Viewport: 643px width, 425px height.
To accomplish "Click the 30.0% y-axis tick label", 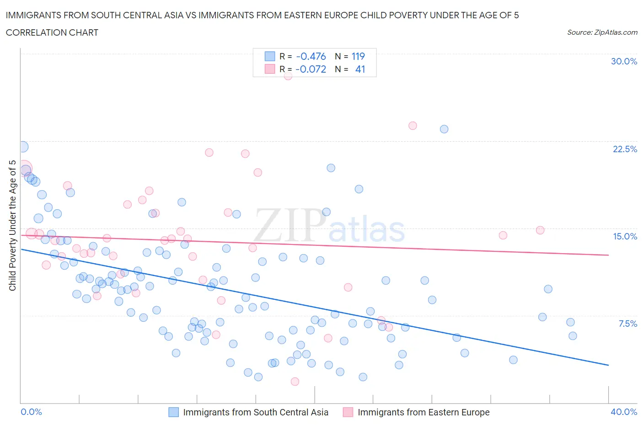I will click(x=624, y=61).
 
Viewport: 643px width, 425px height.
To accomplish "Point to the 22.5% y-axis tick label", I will click(x=625, y=149).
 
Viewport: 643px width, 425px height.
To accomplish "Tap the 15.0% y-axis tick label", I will click(x=625, y=236).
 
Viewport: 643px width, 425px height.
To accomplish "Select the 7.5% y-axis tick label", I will click(x=627, y=324).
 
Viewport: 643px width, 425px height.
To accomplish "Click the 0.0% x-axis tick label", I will click(x=32, y=412).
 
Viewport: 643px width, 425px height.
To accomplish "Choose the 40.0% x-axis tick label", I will click(x=624, y=412).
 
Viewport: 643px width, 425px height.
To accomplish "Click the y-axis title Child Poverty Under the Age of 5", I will click(x=12, y=225).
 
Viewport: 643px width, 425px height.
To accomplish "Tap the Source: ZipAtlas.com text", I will click(x=602, y=32).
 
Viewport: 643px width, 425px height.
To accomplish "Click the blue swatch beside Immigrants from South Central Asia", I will click(x=173, y=412).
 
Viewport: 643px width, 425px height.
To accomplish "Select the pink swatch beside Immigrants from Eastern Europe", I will click(x=348, y=412).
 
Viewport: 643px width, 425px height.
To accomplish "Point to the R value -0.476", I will click(x=311, y=56).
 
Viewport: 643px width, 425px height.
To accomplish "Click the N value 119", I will click(x=358, y=56).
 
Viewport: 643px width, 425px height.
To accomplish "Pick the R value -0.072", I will click(x=311, y=69).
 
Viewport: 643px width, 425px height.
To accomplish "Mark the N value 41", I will click(x=360, y=69).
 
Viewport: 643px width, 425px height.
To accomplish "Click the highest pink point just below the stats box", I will click(x=288, y=76).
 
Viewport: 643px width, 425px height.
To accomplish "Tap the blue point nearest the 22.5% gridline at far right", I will click(x=444, y=129).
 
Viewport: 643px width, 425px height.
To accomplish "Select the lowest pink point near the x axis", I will click(x=295, y=382).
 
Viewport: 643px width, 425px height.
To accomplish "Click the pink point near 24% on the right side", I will click(x=413, y=126).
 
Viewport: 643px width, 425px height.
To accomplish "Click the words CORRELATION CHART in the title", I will click(x=52, y=32).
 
